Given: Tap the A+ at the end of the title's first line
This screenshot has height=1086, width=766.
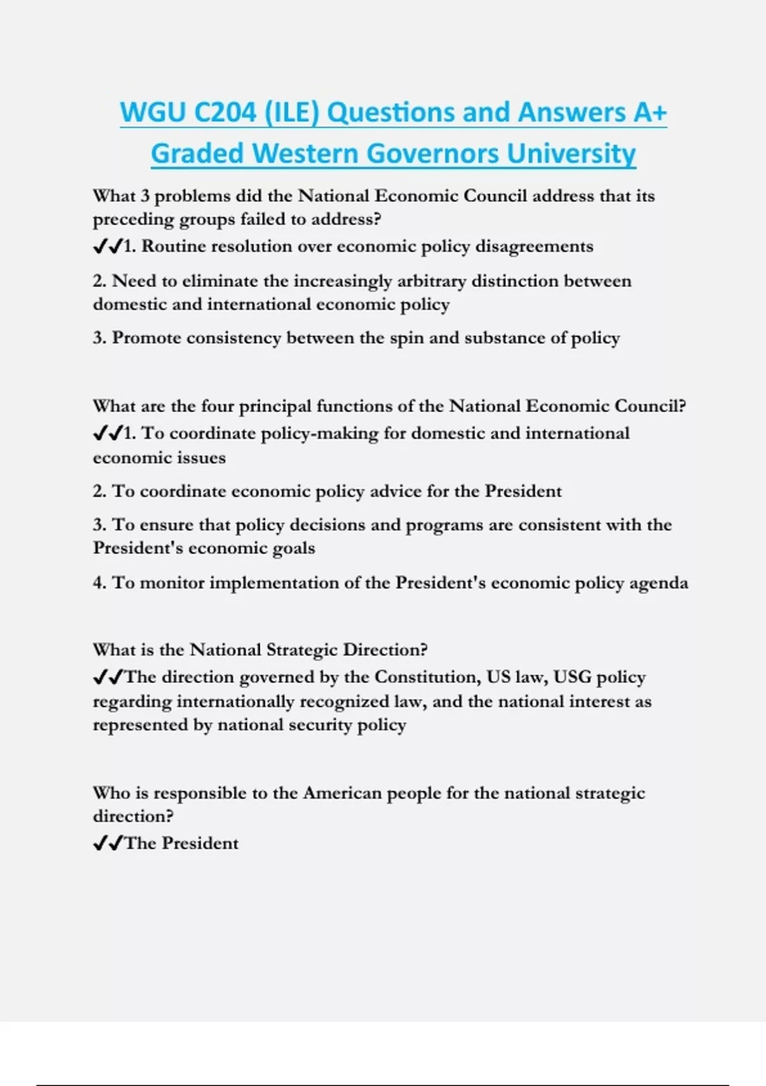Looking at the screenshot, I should [x=650, y=112].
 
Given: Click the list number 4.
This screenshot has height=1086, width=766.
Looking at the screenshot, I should [x=99, y=583].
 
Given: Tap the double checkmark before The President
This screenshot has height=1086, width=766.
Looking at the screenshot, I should [x=107, y=843].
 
